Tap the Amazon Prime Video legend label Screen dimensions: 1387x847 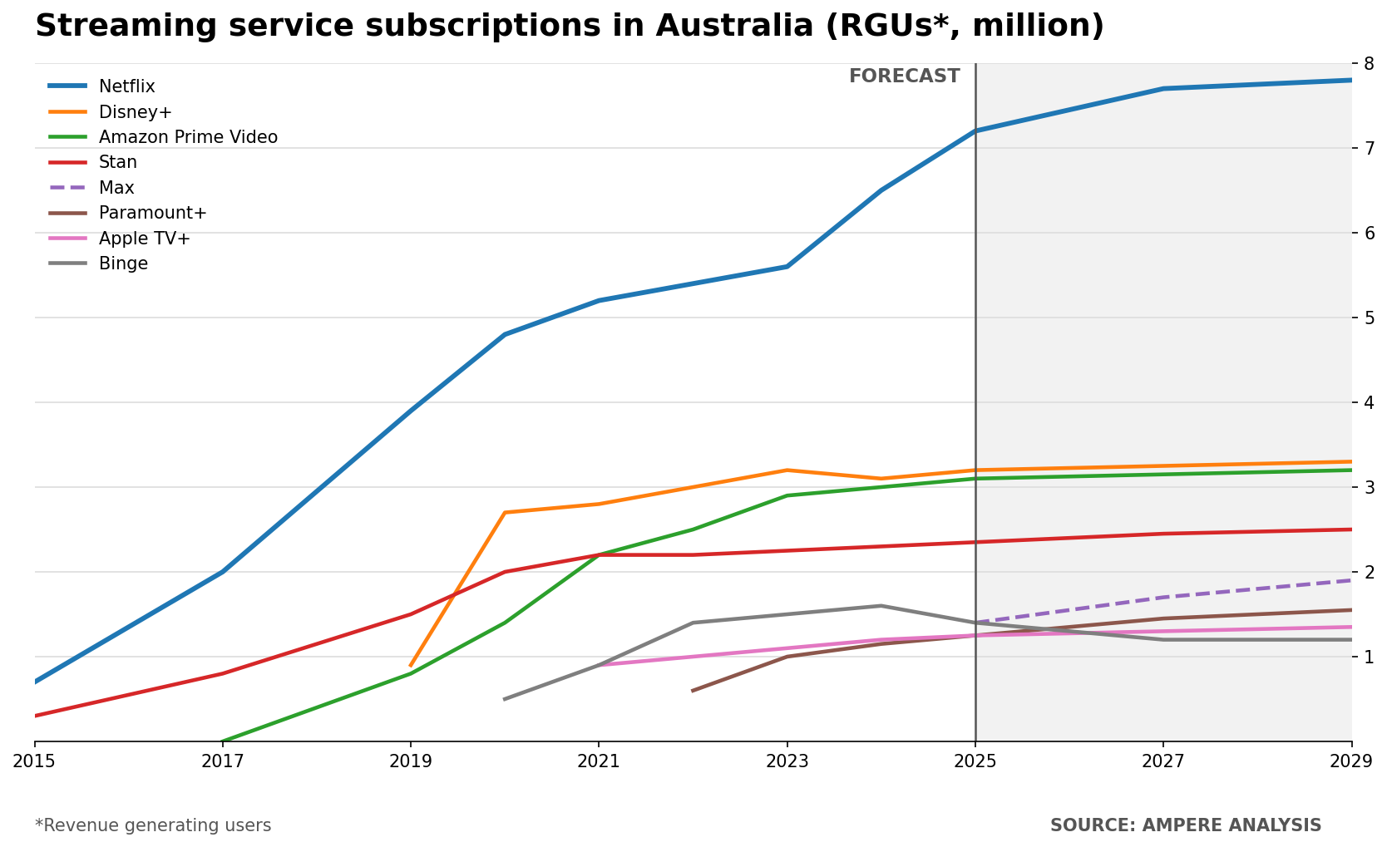pyautogui.click(x=188, y=137)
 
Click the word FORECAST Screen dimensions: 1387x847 pyautogui.click(x=904, y=76)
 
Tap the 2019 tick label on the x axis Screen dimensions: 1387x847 pyautogui.click(x=410, y=761)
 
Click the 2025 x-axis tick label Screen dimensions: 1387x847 pyautogui.click(x=975, y=761)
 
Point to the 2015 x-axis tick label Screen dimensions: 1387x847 pyautogui.click(x=34, y=761)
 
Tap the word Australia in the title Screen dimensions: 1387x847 pyautogui.click(x=734, y=26)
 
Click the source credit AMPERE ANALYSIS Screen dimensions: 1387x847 pyautogui.click(x=1232, y=825)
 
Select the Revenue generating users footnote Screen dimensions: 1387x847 pyautogui.click(x=153, y=825)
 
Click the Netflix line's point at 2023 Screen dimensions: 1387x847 pyautogui.click(x=787, y=267)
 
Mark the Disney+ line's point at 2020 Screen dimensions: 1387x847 pyautogui.click(x=506, y=513)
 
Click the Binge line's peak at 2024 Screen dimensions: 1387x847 pyautogui.click(x=881, y=605)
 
